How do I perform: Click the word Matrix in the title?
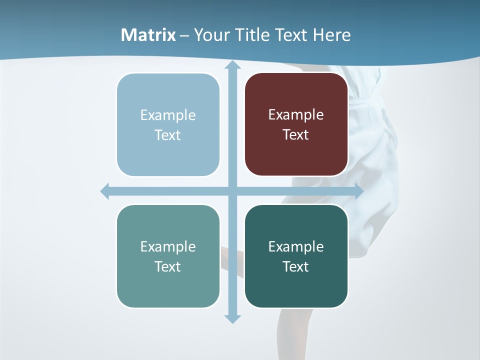point(148,35)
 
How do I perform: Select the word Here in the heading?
point(331,35)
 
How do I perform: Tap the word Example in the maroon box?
point(296,115)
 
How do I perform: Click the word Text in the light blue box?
point(168,135)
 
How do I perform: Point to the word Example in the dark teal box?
point(296,246)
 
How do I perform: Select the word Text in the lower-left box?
point(168,266)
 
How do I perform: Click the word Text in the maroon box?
point(296,135)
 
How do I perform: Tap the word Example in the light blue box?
point(168,115)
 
